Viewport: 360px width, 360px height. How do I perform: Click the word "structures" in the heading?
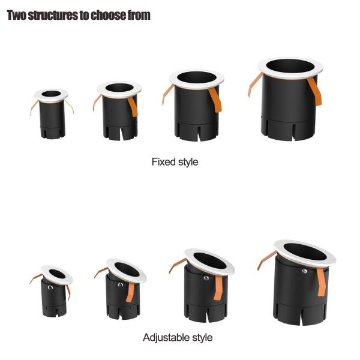53,16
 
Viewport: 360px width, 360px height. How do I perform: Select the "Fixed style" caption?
175,162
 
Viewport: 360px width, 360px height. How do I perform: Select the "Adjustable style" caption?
178,337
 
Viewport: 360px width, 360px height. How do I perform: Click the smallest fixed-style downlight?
52,114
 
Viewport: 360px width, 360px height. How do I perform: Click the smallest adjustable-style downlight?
52,292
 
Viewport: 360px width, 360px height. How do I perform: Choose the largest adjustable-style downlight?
298,283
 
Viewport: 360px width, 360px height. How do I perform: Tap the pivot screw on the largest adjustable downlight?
304,271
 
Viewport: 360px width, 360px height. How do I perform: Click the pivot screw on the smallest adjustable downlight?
50,287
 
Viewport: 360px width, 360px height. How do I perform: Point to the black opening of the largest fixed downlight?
290,66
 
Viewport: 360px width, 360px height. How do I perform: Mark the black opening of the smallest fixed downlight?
51,94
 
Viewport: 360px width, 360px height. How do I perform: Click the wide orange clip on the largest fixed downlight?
315,91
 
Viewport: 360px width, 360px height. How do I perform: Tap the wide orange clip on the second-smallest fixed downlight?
133,107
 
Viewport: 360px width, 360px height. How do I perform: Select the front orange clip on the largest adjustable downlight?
321,282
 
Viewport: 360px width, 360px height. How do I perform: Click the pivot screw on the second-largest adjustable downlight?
206,278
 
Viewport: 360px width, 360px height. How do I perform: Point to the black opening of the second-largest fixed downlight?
197,77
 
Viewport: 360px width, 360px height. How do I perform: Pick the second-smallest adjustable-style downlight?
121,289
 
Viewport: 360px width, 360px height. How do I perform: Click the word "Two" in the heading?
17,16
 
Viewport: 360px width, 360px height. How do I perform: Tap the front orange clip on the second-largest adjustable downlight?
218,288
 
